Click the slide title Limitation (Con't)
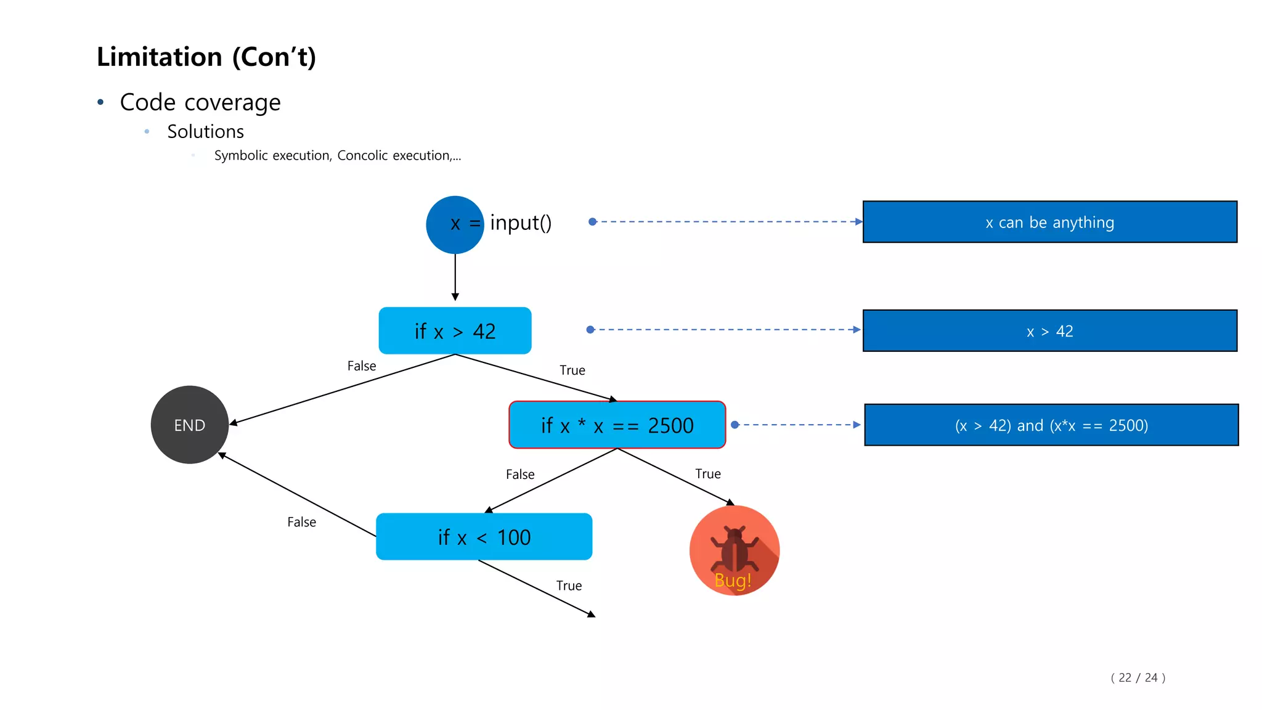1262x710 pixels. (206, 57)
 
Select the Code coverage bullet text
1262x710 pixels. (200, 102)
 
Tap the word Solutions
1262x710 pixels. (205, 131)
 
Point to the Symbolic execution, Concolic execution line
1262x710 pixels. (337, 155)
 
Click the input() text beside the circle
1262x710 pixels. (521, 222)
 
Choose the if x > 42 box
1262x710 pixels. (455, 331)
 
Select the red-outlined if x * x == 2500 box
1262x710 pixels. (617, 425)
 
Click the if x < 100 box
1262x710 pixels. (484, 537)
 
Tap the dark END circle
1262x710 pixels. (189, 425)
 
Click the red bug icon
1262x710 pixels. (734, 550)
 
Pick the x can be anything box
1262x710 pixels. (1049, 222)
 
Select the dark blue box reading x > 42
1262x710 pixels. (1049, 331)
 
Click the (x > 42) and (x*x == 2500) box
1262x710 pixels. (1051, 425)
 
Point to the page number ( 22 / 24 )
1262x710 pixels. (1138, 677)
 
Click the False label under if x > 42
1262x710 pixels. (362, 366)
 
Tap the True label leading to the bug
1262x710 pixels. (707, 474)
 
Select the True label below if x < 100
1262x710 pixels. (569, 586)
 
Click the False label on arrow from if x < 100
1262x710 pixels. (301, 522)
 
